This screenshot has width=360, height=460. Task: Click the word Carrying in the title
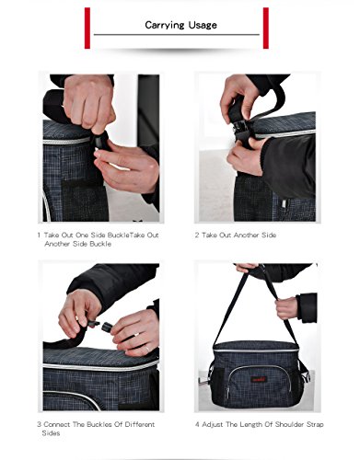pos(164,25)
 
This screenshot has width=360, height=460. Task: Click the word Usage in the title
pos(203,25)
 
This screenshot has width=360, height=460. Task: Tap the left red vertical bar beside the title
pos(87,29)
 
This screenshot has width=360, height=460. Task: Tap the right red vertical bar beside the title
pos(266,29)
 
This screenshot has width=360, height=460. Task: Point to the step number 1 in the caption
pos(39,236)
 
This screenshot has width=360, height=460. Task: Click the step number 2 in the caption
pos(197,236)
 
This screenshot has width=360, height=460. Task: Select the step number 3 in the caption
pos(40,424)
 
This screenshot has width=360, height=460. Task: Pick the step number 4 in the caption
pos(197,424)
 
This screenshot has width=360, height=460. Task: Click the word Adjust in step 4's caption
pos(213,425)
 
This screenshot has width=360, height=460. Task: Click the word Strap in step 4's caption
pos(315,425)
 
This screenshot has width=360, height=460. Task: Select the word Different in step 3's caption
pos(140,424)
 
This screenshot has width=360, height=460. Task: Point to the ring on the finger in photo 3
pos(147,349)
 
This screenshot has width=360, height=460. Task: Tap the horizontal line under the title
pos(177,35)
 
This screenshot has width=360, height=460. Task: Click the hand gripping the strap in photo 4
pos(286,308)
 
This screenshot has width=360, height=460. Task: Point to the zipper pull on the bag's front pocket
pos(227,393)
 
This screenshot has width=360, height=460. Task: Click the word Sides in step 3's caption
pos(51,433)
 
